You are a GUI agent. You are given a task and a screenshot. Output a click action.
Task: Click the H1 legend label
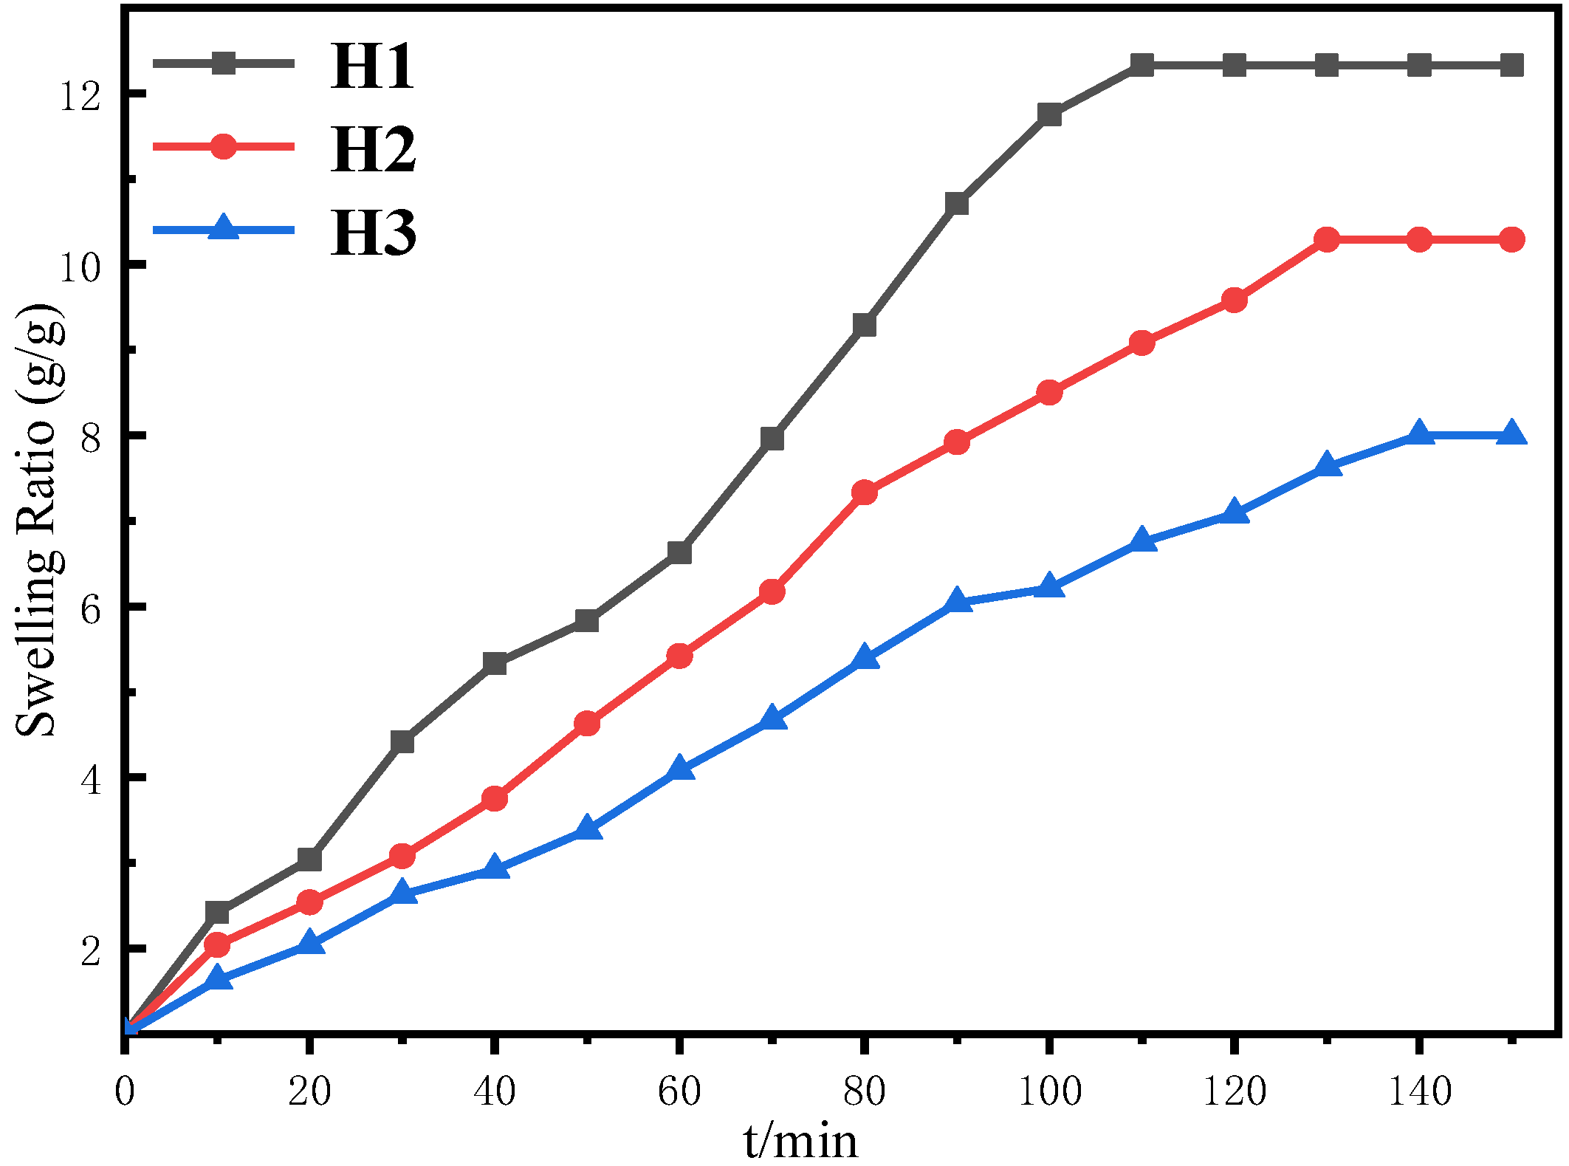coord(373,66)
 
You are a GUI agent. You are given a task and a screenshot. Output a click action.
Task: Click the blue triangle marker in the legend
coord(223,227)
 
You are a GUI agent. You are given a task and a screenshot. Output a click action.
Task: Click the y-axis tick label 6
coord(90,608)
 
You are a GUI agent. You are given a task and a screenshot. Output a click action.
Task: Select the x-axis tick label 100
coord(1049,1091)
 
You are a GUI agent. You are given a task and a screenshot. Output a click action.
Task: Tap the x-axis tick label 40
coord(494,1091)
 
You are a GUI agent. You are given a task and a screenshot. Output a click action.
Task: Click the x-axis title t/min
coord(800,1141)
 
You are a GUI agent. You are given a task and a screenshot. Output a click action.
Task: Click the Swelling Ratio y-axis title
coord(37,521)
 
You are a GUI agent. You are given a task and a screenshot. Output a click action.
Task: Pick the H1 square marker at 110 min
coord(1141,65)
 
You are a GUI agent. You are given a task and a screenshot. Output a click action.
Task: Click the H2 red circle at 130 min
coord(1327,239)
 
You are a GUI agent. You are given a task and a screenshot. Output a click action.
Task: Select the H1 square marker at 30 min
coord(402,741)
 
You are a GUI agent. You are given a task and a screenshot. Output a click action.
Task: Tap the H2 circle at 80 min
coord(864,493)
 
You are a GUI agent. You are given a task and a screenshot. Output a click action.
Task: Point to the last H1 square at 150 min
coord(1511,65)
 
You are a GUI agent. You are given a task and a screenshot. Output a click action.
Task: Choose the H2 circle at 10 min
coord(217,944)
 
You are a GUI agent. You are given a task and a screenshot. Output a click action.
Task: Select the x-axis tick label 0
coord(126,1091)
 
